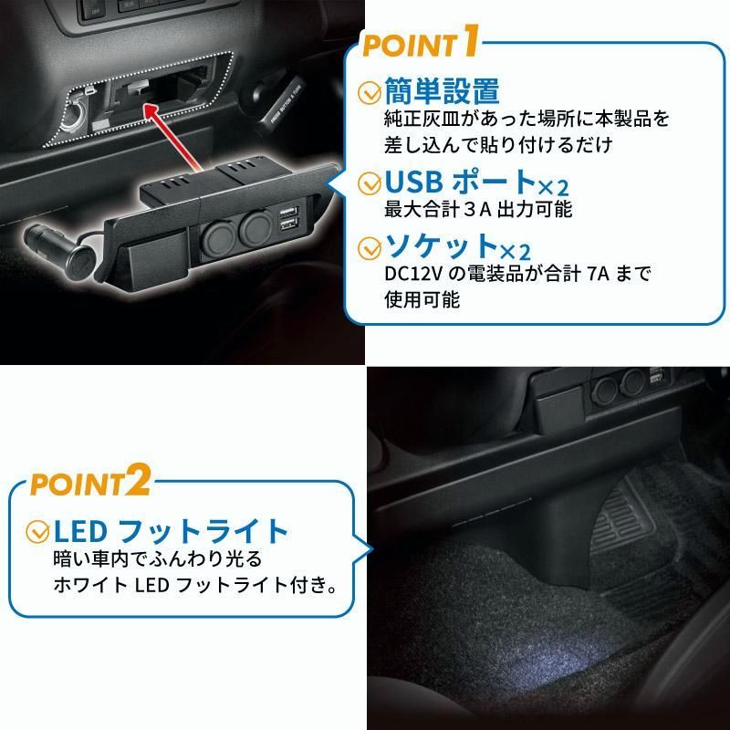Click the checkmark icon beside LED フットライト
[38, 531]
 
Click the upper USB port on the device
[287, 214]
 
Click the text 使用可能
[415, 299]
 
